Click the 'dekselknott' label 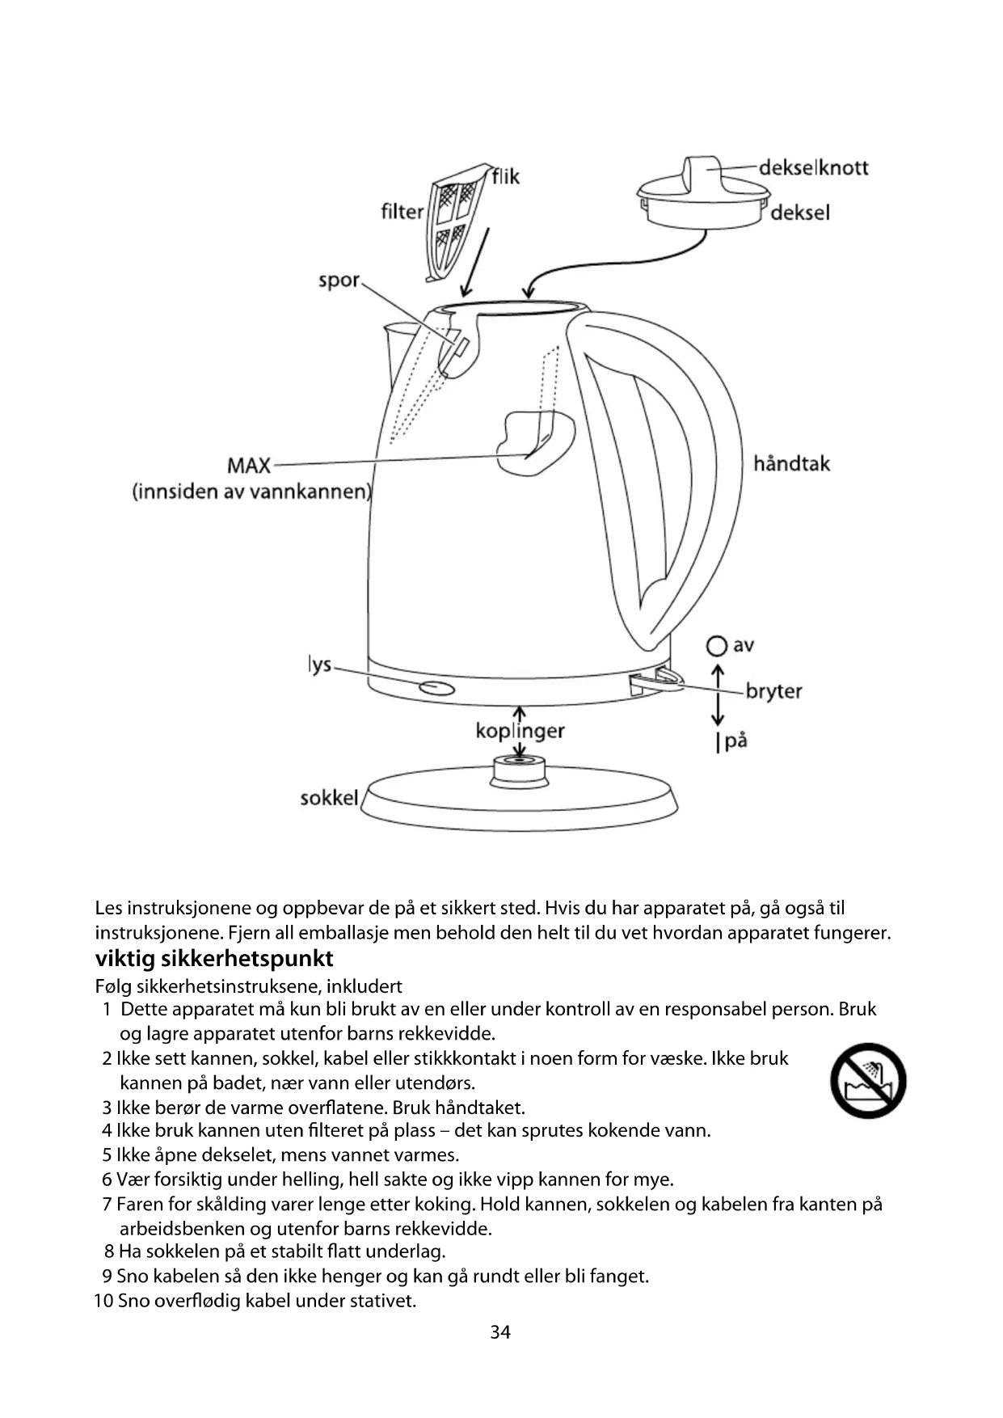(x=813, y=168)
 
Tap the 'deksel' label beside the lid (x=799, y=213)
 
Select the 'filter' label (x=402, y=212)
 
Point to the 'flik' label (x=506, y=176)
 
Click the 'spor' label (x=339, y=281)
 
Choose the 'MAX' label (x=249, y=466)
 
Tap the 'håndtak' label (x=791, y=464)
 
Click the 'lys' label (x=320, y=665)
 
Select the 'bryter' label (x=773, y=691)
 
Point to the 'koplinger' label (x=520, y=731)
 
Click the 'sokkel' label (x=328, y=798)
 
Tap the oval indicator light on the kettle (x=436, y=688)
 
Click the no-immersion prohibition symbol (x=868, y=1081)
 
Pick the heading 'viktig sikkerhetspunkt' (x=214, y=959)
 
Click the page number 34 (x=500, y=1331)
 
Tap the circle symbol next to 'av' (x=715, y=646)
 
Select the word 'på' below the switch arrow (x=735, y=741)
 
